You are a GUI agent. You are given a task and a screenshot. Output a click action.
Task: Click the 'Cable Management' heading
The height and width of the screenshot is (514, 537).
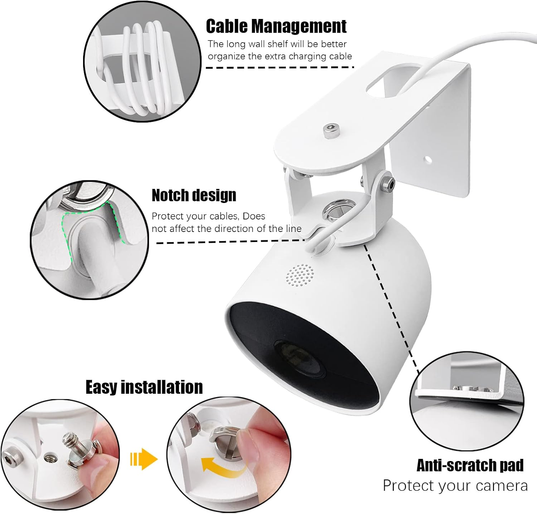[276, 26]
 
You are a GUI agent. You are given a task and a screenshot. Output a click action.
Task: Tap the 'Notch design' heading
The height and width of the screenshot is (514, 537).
[194, 195]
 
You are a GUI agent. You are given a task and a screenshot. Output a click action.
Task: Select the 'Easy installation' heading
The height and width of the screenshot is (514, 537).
[144, 387]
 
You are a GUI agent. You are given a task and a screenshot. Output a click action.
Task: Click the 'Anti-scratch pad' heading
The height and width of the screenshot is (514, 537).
[470, 465]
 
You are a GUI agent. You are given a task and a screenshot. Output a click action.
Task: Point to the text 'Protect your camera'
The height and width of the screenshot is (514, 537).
[455, 486]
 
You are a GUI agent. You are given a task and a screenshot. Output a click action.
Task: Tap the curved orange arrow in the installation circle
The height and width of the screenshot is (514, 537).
[218, 465]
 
